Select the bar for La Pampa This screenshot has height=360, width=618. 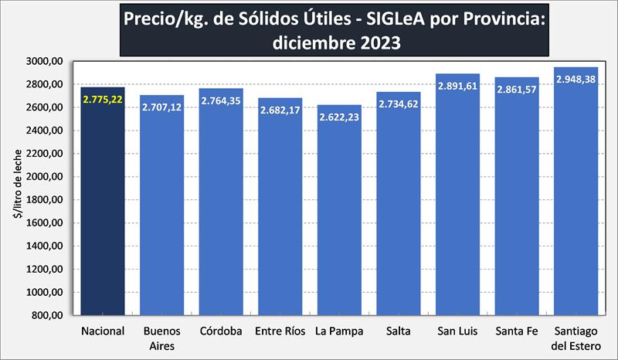pyautogui.click(x=339, y=216)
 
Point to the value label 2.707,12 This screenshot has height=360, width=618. pyautogui.click(x=161, y=108)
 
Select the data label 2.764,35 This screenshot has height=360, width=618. pyautogui.click(x=221, y=101)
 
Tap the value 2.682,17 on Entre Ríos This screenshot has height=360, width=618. pyautogui.click(x=280, y=110)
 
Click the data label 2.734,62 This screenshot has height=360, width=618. pyautogui.click(x=399, y=105)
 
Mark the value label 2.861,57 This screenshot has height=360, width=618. pyautogui.click(x=516, y=90)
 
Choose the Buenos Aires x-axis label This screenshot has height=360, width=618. pyautogui.click(x=161, y=338)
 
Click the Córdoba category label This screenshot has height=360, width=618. pyautogui.click(x=221, y=331)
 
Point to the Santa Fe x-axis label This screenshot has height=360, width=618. pyautogui.click(x=516, y=331)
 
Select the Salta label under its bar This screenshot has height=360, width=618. pyautogui.click(x=399, y=331)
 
